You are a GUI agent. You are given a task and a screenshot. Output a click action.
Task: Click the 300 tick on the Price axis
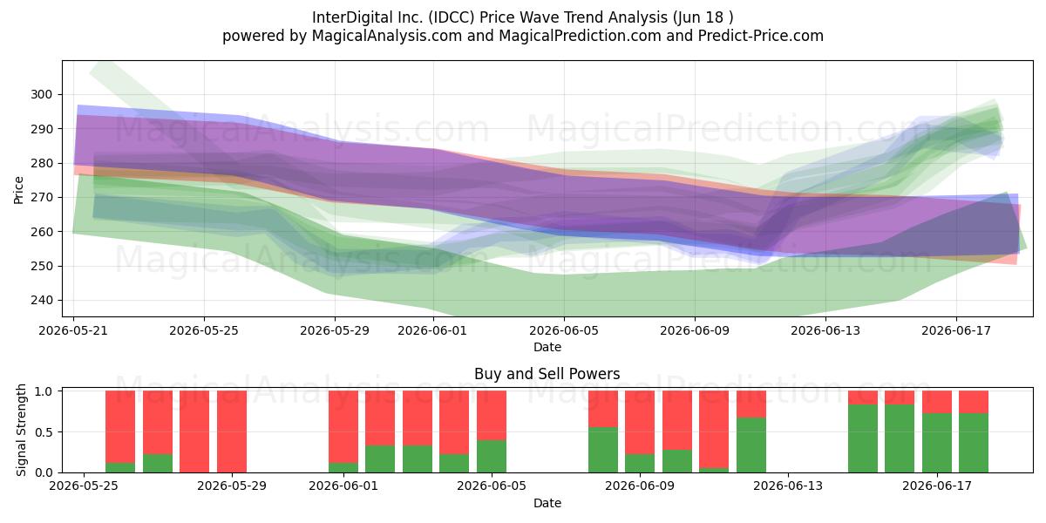tap(41, 94)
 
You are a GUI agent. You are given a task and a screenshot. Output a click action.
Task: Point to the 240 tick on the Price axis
tap(41, 300)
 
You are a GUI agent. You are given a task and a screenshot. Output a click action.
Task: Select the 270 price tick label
tap(41, 198)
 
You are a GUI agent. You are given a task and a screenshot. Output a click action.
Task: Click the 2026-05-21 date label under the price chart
tap(73, 330)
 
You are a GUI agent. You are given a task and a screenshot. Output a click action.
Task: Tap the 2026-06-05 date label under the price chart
tap(564, 330)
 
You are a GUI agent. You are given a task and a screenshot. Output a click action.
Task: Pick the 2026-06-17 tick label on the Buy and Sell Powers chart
tap(937, 486)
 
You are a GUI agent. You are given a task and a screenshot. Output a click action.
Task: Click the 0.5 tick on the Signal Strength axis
tap(44, 432)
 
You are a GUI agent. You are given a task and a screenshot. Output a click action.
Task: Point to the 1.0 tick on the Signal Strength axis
tap(44, 391)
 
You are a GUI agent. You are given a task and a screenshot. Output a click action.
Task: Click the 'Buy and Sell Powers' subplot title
tap(547, 374)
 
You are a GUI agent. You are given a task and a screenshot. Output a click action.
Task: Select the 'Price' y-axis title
tap(18, 190)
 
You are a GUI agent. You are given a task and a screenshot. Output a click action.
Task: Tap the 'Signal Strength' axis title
tap(21, 430)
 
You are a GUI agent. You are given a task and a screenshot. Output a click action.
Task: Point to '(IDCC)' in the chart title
tap(452, 17)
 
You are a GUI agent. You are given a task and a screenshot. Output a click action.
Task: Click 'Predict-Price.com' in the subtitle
tap(761, 36)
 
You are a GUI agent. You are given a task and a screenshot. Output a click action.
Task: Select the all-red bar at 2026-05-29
tap(232, 431)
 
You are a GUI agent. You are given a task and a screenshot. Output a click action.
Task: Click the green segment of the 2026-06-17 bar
tap(937, 443)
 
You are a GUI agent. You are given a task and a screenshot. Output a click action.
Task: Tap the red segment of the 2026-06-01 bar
tap(343, 427)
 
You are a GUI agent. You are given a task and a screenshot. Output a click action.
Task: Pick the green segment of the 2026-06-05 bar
tap(492, 456)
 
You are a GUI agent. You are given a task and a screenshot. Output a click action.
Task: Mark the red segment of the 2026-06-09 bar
tap(640, 422)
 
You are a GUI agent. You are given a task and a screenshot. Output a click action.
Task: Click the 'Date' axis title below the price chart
tap(547, 348)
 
